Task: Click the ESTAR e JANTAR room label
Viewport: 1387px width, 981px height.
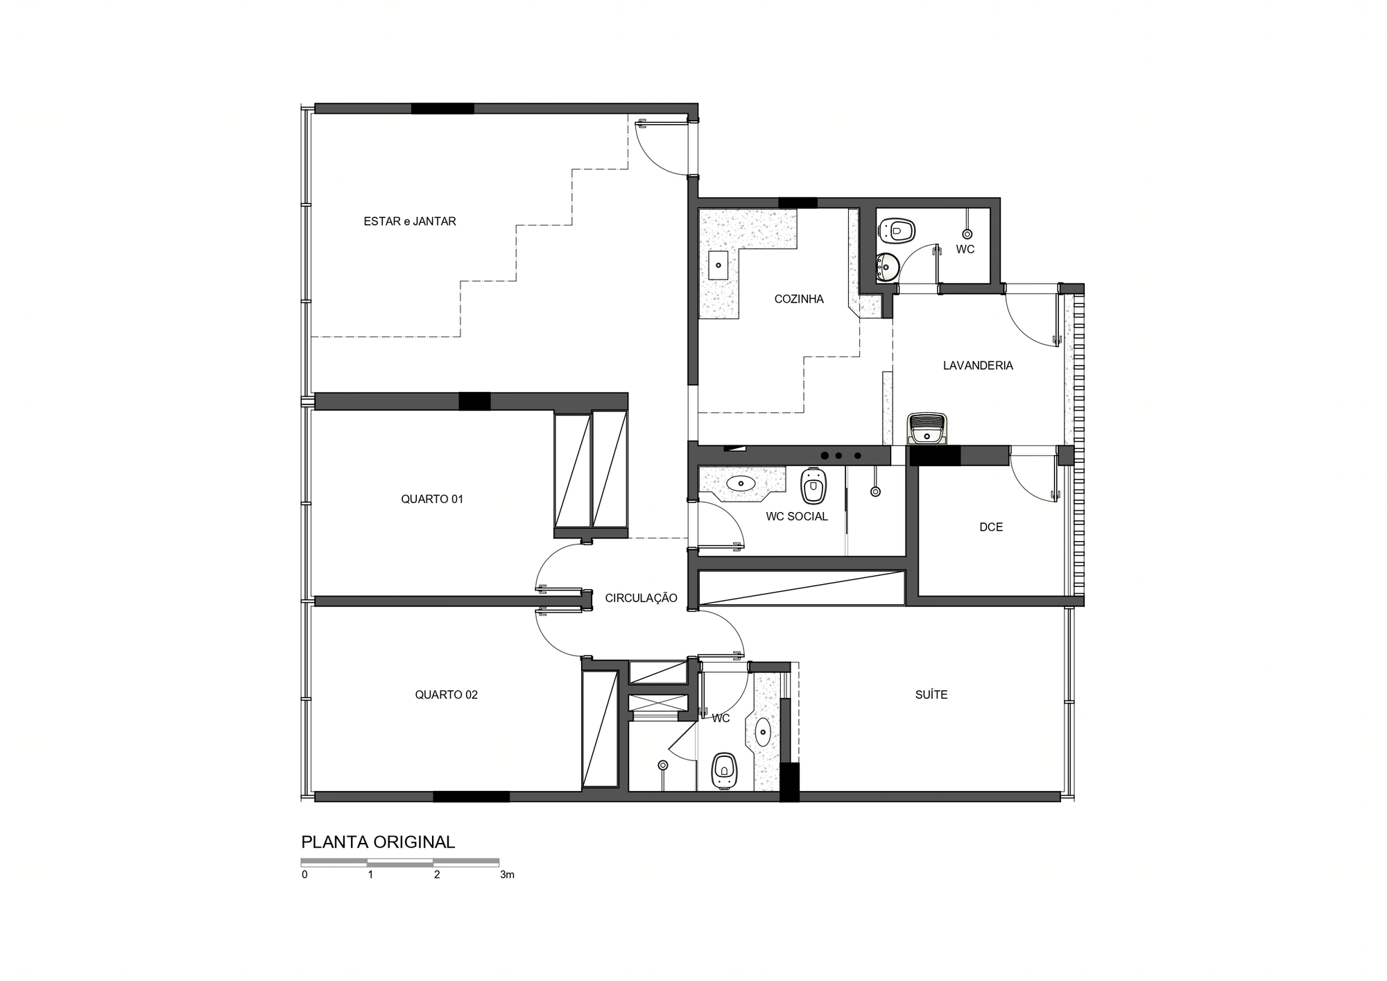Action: pyautogui.click(x=410, y=221)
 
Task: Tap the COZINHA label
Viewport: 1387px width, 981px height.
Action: pyautogui.click(x=799, y=299)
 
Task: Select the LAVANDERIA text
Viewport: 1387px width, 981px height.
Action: pyautogui.click(x=978, y=366)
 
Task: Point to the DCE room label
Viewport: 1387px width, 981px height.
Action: pyautogui.click(x=991, y=527)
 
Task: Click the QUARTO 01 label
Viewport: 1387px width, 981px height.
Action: pyautogui.click(x=432, y=499)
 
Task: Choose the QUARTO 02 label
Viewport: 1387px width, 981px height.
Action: pyautogui.click(x=447, y=694)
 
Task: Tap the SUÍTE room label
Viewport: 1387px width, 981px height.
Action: pyautogui.click(x=931, y=694)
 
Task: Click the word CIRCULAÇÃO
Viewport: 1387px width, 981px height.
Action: pyautogui.click(x=641, y=597)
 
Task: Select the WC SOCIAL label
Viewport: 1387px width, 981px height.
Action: pyautogui.click(x=797, y=516)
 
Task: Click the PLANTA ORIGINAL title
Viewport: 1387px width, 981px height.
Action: pyautogui.click(x=378, y=842)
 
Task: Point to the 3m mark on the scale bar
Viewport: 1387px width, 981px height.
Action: pyautogui.click(x=507, y=875)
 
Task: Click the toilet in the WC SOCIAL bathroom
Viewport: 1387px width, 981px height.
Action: pyautogui.click(x=813, y=486)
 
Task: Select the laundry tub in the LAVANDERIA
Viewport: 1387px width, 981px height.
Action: pyautogui.click(x=928, y=428)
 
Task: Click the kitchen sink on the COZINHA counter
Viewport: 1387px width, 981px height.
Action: pyautogui.click(x=718, y=265)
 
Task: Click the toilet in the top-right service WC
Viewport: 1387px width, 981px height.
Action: pyautogui.click(x=897, y=230)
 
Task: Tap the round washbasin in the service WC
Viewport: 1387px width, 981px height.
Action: pyautogui.click(x=888, y=266)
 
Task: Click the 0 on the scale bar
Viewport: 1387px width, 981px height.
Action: pyautogui.click(x=304, y=875)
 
